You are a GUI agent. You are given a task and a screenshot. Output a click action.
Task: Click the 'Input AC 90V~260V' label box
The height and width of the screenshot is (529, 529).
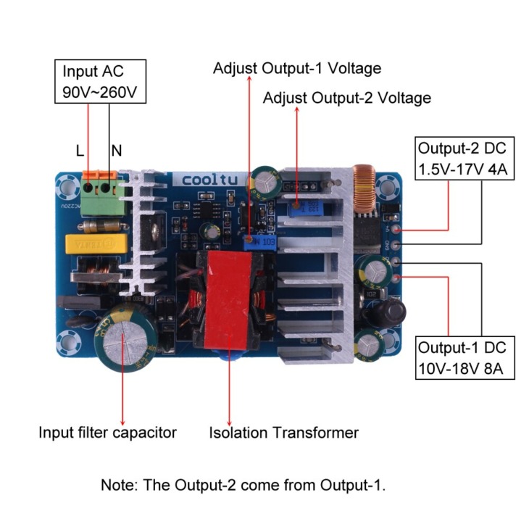pos(100,81)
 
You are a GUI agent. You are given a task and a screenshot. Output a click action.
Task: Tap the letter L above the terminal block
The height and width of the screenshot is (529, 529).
pos(80,151)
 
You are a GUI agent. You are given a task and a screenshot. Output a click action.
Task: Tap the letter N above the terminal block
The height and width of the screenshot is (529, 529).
pos(117,151)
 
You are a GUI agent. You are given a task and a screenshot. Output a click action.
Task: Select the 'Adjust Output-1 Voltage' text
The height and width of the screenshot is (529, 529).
pos(297,69)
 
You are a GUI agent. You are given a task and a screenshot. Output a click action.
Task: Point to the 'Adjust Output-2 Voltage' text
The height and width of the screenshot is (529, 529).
pos(347,98)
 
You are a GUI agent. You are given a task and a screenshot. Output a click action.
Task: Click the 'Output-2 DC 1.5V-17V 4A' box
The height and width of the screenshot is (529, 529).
pos(465,158)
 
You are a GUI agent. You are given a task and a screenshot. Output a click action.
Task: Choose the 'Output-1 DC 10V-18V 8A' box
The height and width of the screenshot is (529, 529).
pos(465,358)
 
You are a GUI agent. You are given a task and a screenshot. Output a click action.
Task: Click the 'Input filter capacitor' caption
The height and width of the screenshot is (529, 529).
pos(108,433)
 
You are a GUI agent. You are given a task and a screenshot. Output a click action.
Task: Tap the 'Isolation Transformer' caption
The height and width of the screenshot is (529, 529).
pos(284,433)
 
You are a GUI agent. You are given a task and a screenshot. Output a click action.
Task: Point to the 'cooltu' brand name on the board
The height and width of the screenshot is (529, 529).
pos(210,180)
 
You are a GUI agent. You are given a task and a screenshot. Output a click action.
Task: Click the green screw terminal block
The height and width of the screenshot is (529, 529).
pos(101,195)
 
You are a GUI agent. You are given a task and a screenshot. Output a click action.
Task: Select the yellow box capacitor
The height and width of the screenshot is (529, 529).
pos(97,244)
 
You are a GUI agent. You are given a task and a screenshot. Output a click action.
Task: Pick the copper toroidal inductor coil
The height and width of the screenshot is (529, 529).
pos(364,190)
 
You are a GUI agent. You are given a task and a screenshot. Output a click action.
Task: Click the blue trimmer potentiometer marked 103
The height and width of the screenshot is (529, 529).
pos(259,243)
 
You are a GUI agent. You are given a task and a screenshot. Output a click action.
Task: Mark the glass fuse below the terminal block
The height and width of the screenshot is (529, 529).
pos(105,226)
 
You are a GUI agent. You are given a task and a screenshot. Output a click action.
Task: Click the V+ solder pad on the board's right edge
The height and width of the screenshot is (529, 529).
pos(397,230)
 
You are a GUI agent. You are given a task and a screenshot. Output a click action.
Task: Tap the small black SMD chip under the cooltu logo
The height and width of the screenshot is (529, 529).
pos(207,210)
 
